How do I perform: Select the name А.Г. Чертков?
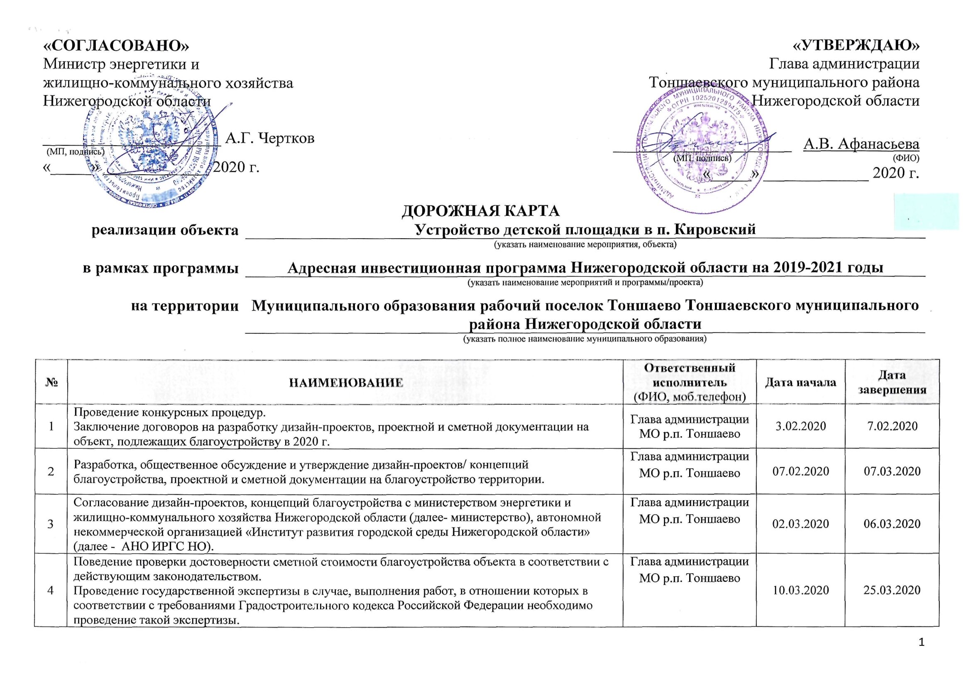270,138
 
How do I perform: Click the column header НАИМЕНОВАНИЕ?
346,382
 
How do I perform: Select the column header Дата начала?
800,382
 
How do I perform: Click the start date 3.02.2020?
800,426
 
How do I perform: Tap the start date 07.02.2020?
800,472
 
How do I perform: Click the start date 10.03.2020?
800,590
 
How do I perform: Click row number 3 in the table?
51,524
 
